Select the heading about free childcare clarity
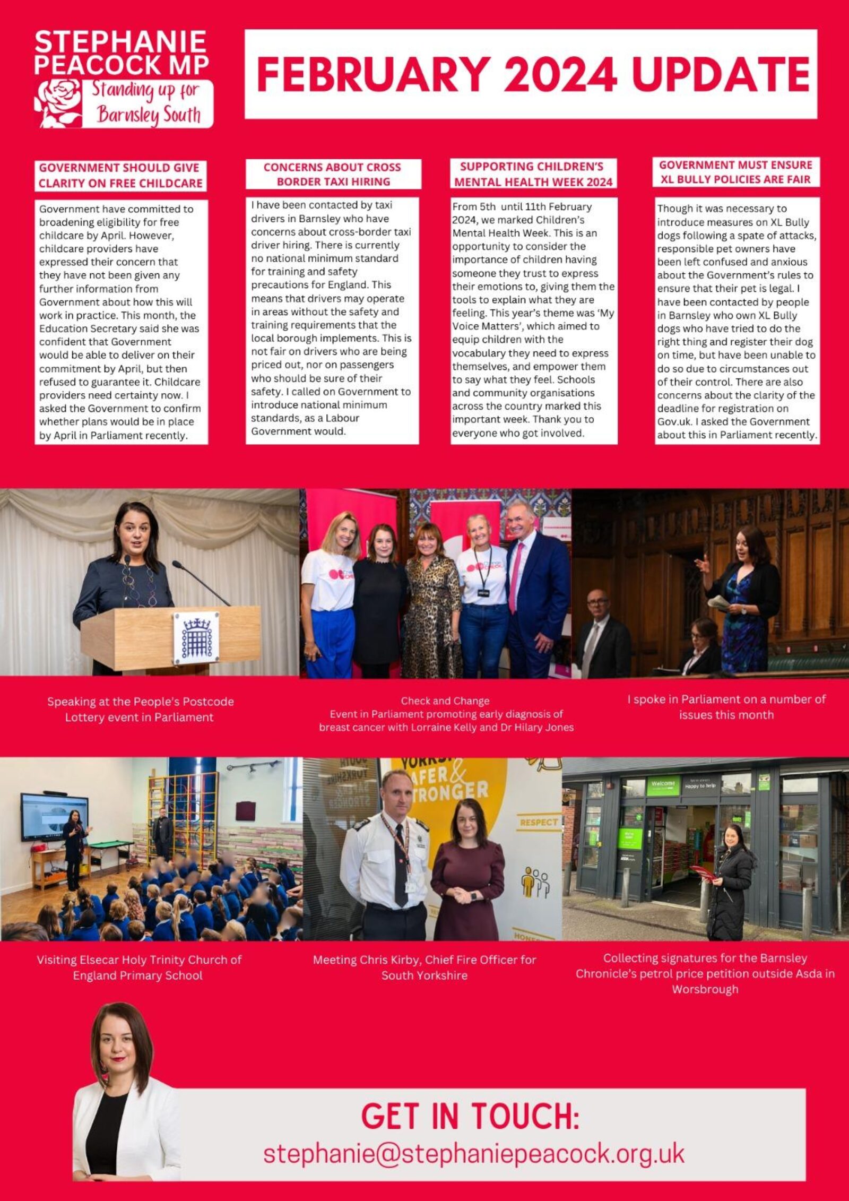(x=120, y=176)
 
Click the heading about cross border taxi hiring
(x=333, y=174)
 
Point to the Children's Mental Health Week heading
(x=533, y=174)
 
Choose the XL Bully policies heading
(x=735, y=172)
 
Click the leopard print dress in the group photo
(x=432, y=616)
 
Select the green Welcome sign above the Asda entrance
(x=663, y=784)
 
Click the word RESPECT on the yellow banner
(x=539, y=822)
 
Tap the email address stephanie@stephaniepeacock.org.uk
(x=473, y=1153)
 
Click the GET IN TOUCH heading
(x=470, y=1116)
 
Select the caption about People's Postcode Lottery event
(x=140, y=709)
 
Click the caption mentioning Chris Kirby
(x=424, y=967)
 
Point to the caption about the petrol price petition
(x=705, y=973)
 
